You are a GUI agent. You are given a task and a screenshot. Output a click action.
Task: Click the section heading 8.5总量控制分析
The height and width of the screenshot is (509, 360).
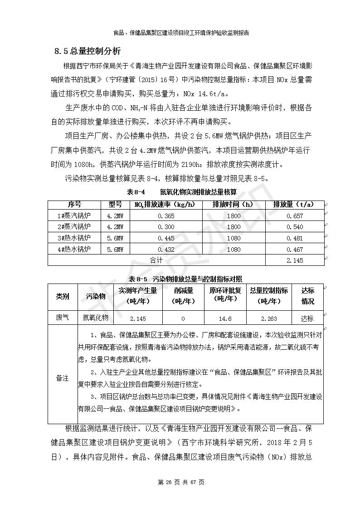[88, 51]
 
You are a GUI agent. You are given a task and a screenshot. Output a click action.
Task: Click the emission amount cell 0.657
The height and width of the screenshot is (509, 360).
[295, 216]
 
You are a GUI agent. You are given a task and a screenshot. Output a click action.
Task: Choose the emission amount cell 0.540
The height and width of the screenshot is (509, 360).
[295, 227]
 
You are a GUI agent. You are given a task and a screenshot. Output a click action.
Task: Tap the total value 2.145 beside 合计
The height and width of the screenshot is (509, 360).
[295, 260]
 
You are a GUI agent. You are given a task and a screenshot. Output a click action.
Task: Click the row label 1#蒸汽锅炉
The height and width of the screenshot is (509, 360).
[74, 216]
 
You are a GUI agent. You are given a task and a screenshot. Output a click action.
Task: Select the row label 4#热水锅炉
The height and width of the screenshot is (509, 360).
[74, 249]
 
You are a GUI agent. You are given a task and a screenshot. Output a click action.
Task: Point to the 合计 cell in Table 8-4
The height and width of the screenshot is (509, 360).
[156, 260]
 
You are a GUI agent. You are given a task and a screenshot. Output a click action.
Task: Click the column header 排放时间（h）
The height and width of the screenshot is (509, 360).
[234, 205]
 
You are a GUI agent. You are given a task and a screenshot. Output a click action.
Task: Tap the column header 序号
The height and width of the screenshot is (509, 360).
[74, 205]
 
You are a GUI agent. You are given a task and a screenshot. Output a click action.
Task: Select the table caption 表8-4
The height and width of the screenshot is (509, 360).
[136, 192]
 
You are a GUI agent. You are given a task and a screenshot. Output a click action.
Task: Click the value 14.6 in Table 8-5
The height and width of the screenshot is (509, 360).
[225, 318]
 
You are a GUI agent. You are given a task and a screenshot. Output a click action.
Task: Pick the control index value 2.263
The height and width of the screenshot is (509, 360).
[269, 318]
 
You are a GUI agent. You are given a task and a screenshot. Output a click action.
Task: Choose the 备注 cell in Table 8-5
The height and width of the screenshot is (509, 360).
[63, 378]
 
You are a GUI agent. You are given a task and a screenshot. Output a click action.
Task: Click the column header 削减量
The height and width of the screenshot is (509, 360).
[183, 296]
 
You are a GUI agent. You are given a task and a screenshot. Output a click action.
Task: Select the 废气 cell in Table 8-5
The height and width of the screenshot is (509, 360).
[63, 318]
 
